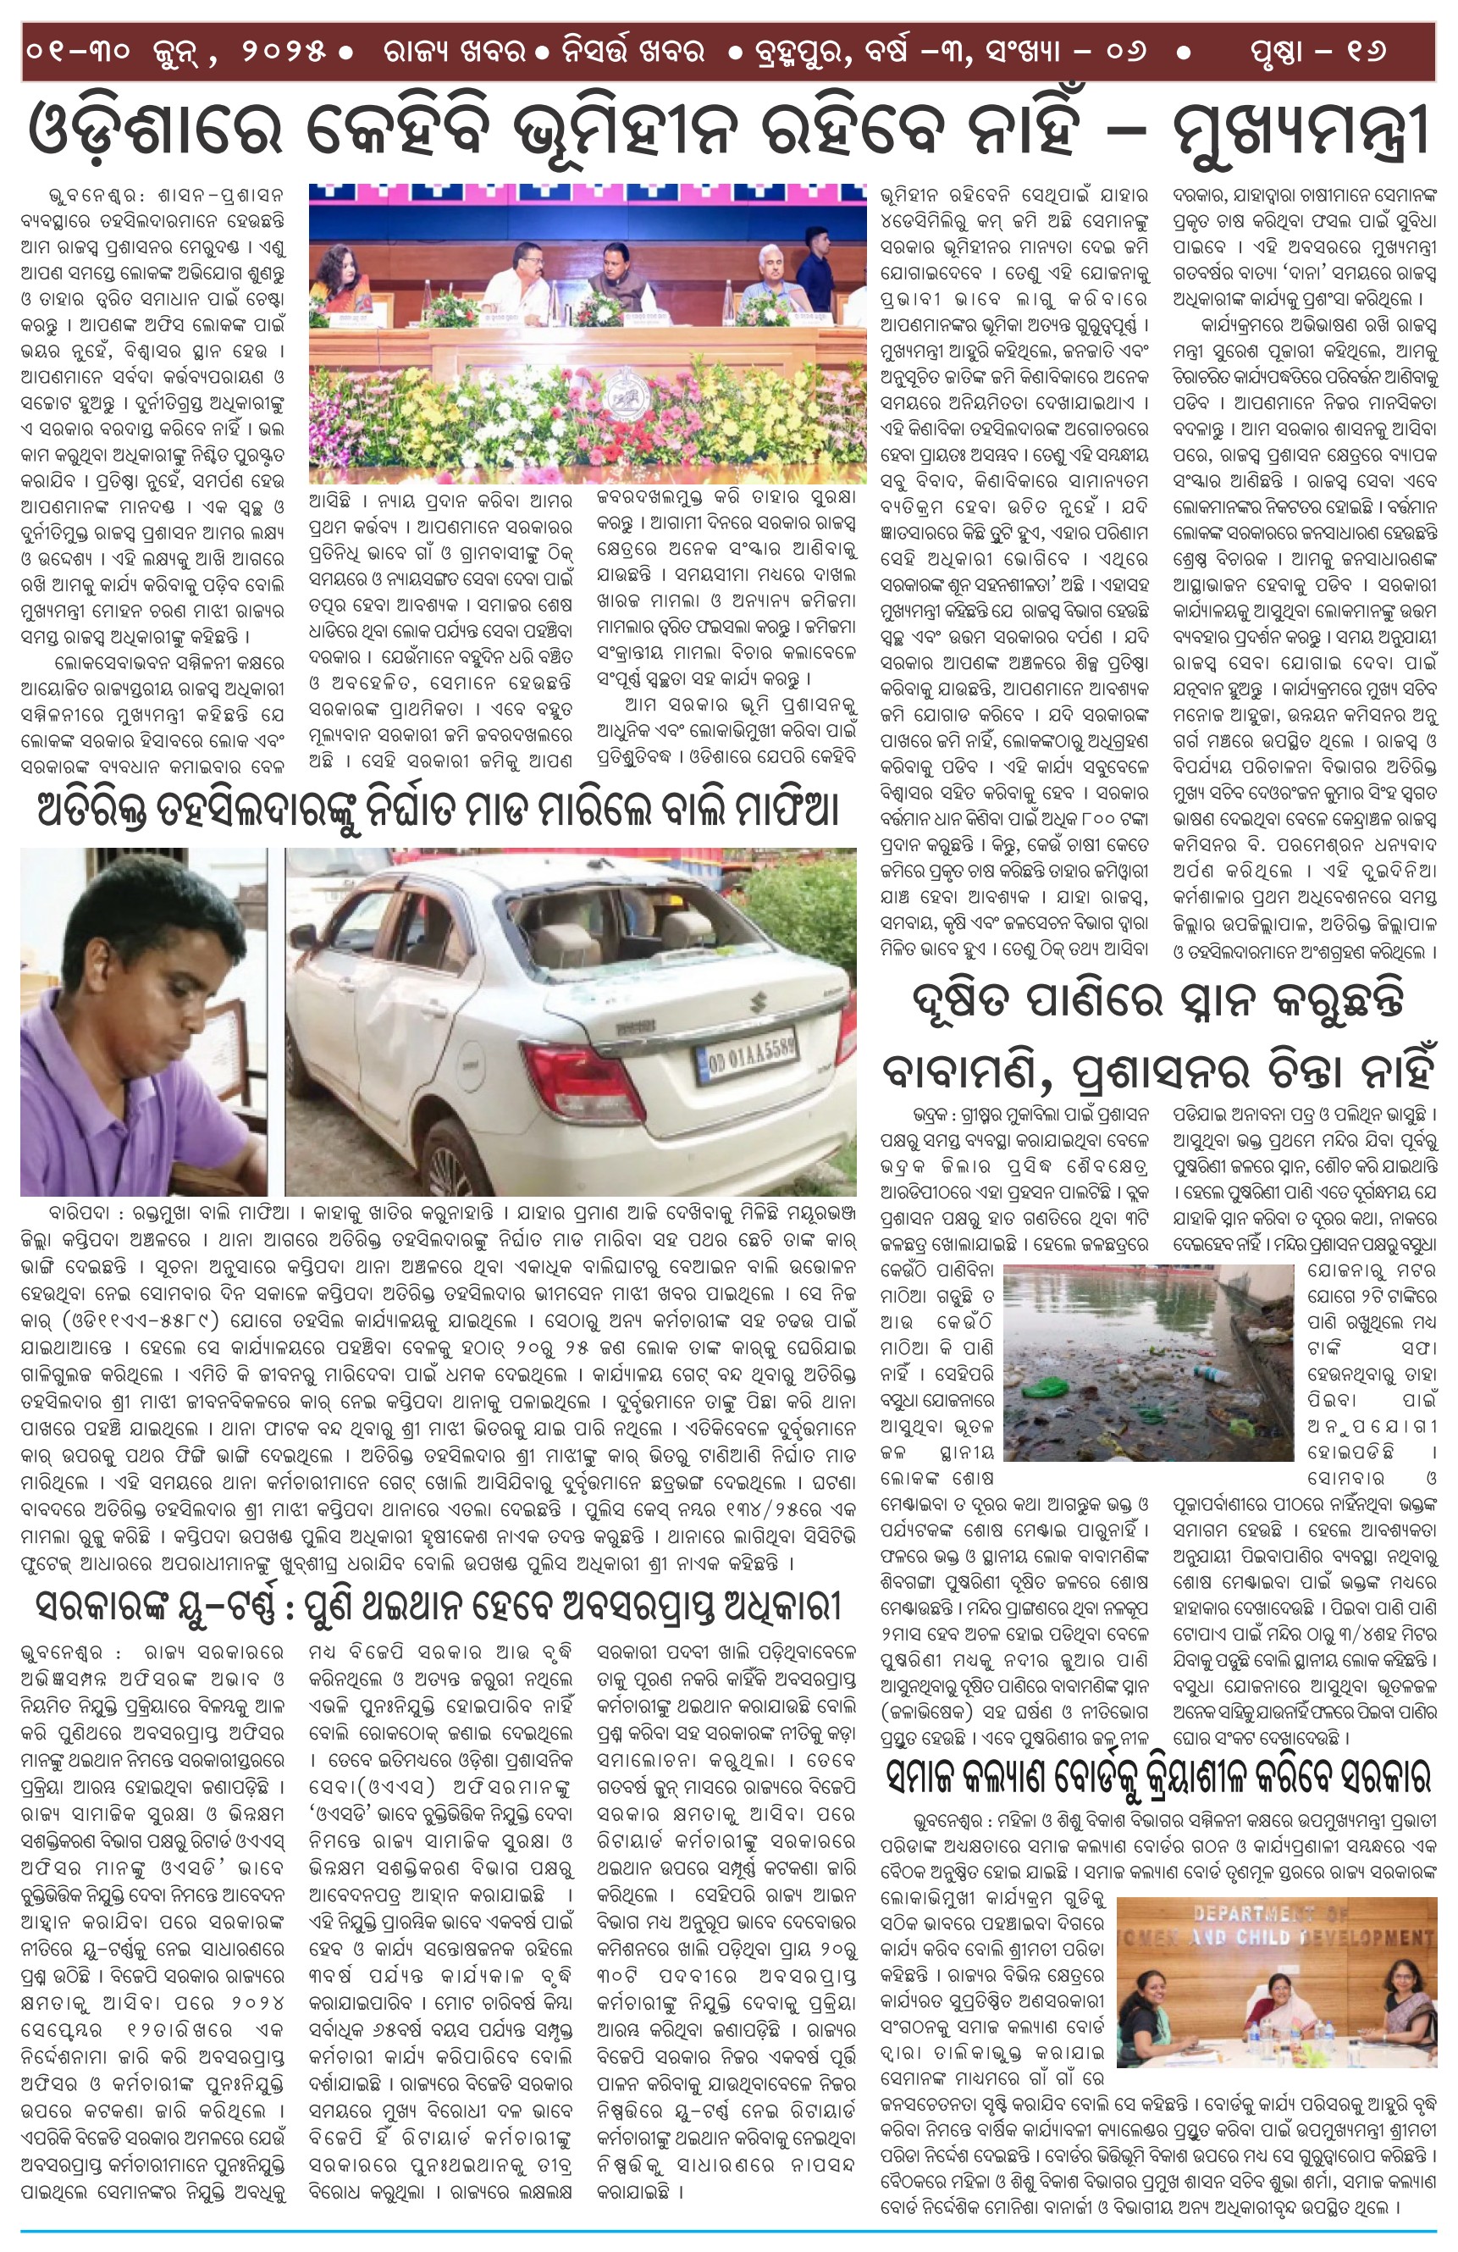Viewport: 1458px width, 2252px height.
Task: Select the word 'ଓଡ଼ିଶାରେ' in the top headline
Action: [156, 131]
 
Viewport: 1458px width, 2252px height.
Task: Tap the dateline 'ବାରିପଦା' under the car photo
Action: [78, 1214]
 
